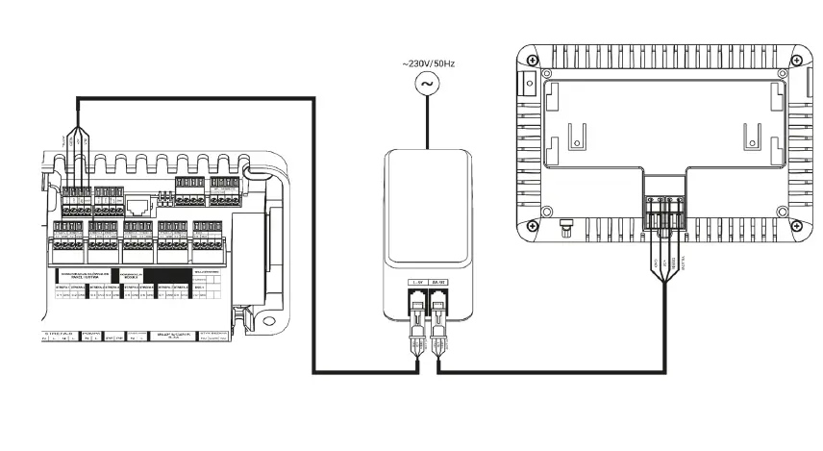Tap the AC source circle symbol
(x=425, y=85)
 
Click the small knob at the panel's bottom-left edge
(x=565, y=229)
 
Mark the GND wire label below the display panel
(x=656, y=262)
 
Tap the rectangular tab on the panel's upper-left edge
(x=527, y=83)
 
